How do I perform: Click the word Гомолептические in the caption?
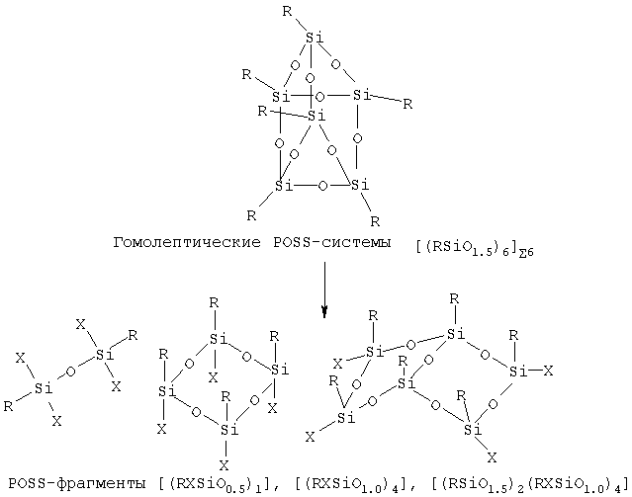coord(187,243)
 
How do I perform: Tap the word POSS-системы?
coord(332,242)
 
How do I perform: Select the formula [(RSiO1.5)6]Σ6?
coord(475,248)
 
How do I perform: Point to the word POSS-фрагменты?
coord(77,482)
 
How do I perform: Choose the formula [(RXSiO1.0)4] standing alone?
coord(354,484)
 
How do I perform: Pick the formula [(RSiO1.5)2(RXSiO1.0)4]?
coord(530,484)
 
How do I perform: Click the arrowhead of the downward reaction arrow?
coord(324,311)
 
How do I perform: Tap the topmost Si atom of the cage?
coord(314,38)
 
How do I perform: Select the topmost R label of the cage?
coord(287,11)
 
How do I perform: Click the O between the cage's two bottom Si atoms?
coord(322,186)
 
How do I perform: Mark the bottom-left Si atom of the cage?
coord(284,186)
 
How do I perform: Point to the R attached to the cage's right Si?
coord(407,105)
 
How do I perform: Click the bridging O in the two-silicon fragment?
coord(70,371)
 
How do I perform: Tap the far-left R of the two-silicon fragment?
coord(8,406)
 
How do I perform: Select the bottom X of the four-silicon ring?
coord(225,465)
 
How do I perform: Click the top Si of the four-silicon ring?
coord(219,339)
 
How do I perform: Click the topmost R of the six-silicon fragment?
coord(454,298)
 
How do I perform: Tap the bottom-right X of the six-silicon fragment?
coord(492,457)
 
